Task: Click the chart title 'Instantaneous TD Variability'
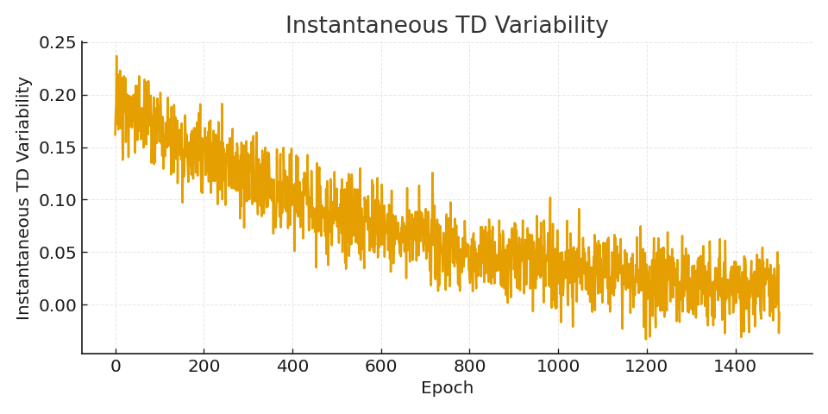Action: point(447,26)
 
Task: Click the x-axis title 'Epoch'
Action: point(447,388)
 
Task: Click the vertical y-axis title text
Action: point(24,198)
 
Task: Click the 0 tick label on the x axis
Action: point(116,366)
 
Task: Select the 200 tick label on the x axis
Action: point(204,366)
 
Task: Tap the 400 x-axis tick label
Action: point(292,366)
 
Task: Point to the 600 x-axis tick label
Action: point(380,366)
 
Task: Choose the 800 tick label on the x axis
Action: point(469,366)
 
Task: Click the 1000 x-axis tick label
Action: point(557,366)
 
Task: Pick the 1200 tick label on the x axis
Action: point(646,366)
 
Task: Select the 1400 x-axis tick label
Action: point(735,366)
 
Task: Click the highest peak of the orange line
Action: point(116,57)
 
